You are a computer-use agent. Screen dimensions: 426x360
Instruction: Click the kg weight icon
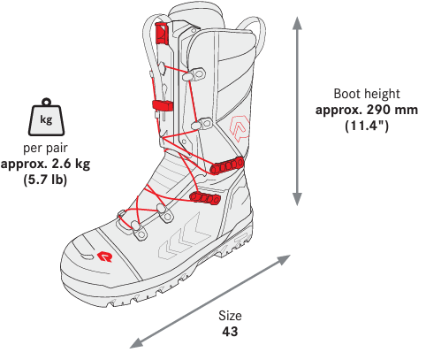pos(46,117)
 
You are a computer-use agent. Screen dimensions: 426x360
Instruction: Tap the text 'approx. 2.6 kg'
pos(45,164)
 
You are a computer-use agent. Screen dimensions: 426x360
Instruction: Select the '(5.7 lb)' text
pos(45,180)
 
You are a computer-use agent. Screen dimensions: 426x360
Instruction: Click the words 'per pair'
pos(45,148)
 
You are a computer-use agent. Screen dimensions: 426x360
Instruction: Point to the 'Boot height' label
pos(367,94)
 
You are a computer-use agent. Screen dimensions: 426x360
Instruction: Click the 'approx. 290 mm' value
pos(367,111)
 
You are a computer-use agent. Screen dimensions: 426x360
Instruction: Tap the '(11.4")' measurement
pos(367,126)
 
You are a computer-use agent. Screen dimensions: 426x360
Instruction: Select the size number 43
pos(230,332)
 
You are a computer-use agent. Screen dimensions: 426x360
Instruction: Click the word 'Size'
pos(230,316)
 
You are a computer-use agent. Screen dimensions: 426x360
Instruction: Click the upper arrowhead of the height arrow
pos(297,23)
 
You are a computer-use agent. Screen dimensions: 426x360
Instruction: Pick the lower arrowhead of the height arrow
pos(297,199)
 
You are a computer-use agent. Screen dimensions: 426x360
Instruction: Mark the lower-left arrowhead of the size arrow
pos(136,343)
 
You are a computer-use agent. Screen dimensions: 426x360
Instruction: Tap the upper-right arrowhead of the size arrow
pos(284,259)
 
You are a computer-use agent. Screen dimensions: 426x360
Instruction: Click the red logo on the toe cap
pos(105,257)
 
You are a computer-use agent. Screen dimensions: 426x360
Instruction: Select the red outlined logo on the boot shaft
pos(240,128)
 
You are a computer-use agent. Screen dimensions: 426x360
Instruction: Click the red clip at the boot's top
pos(161,34)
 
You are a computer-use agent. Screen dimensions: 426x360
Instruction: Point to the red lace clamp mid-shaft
pos(163,105)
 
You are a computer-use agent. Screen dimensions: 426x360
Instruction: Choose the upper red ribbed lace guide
pos(227,165)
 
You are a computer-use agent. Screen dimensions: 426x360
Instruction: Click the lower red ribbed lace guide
pos(205,197)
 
